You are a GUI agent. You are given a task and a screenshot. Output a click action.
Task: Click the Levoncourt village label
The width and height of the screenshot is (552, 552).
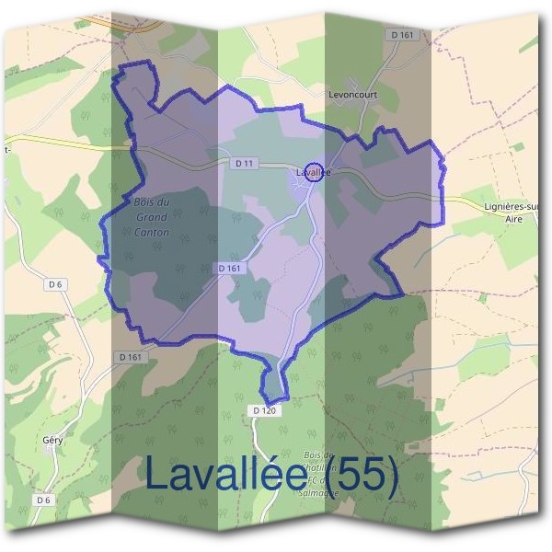[353, 94]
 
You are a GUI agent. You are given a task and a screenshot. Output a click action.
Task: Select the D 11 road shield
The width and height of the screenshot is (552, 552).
[244, 163]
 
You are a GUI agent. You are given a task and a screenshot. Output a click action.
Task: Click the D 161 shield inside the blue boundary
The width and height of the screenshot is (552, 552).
[231, 268]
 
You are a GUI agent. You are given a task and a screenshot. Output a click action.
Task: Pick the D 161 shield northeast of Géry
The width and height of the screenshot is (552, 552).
[130, 355]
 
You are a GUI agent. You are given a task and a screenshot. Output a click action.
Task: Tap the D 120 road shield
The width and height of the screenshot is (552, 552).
[262, 410]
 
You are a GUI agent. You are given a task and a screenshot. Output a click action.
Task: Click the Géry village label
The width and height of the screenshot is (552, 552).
[52, 441]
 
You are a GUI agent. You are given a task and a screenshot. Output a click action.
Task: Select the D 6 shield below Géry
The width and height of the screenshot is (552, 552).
[43, 500]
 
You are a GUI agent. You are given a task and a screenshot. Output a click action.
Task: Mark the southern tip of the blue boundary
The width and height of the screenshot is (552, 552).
[274, 400]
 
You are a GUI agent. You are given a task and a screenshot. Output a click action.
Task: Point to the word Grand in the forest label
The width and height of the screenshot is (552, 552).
[152, 217]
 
